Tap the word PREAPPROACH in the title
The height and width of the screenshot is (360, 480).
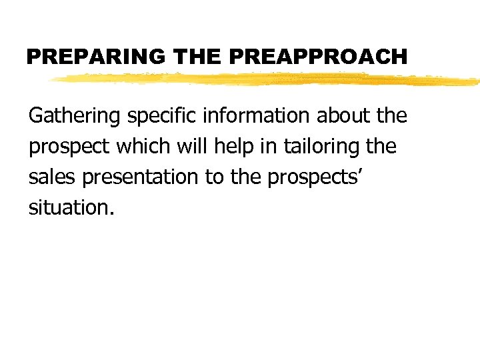(317, 57)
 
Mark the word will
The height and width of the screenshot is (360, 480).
(189, 146)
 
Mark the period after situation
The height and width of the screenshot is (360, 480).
(112, 213)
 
